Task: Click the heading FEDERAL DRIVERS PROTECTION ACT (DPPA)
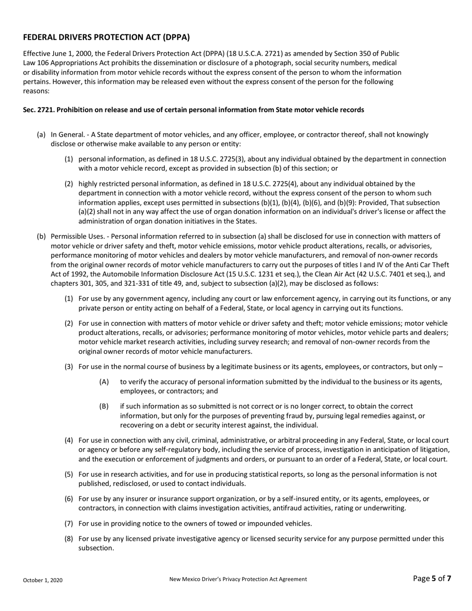click(x=106, y=37)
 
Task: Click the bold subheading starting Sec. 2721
click(x=193, y=110)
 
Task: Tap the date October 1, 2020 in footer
click(x=43, y=580)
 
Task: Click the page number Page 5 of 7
click(x=432, y=578)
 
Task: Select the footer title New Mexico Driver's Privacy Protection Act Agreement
click(x=238, y=579)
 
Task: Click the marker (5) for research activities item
click(x=69, y=474)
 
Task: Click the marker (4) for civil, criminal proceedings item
click(x=69, y=440)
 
